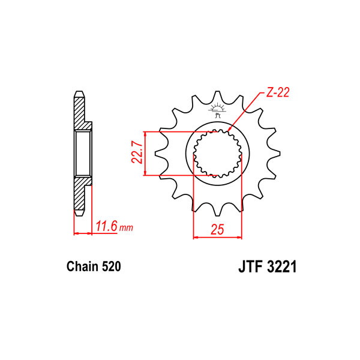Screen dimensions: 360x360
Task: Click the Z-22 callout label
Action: pos(277,92)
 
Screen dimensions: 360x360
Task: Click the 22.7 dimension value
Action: pos(137,152)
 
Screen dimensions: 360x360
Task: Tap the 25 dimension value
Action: pos(217,229)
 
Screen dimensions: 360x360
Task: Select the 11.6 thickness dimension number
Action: pos(107,226)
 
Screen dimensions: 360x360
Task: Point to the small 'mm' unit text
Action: pos(126,228)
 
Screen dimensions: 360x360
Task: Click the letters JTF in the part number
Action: pos(250,266)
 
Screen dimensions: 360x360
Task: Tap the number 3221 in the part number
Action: pos(282,266)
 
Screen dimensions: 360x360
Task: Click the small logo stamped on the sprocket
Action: pos(217,110)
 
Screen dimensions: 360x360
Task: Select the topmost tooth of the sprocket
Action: pos(217,98)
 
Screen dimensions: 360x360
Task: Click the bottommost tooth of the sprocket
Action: pos(217,209)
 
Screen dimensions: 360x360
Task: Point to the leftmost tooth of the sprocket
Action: pos(161,154)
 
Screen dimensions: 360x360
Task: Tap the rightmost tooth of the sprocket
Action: pos(273,154)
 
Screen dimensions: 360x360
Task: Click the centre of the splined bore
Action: pos(217,154)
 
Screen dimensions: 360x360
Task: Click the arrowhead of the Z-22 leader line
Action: pos(229,131)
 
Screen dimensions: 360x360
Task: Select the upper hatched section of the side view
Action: pos(82,112)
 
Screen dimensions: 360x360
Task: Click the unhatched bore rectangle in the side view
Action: pos(83,154)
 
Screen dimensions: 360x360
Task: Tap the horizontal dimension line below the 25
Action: pos(217,237)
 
